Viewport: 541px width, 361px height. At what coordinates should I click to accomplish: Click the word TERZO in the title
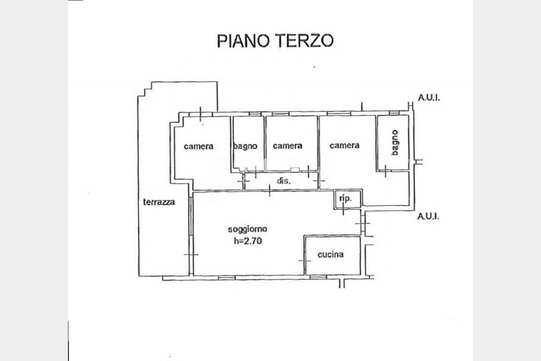[x=305, y=41]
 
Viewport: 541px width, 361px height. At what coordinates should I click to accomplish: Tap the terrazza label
[x=159, y=202]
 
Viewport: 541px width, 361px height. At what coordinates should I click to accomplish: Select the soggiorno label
[x=248, y=229]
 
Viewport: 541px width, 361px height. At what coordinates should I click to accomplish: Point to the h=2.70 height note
[x=248, y=241]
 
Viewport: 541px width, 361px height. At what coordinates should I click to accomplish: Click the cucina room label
[x=331, y=254]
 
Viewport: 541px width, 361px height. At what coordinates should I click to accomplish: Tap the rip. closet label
[x=345, y=198]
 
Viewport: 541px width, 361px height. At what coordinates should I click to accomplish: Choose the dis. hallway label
[x=284, y=181]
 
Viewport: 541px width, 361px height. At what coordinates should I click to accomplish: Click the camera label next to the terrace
[x=199, y=146]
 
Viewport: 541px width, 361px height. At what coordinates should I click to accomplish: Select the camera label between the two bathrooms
[x=344, y=145]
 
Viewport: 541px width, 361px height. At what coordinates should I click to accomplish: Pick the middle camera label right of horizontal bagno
[x=287, y=146]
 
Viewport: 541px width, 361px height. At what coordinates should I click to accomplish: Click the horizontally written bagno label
[x=245, y=146]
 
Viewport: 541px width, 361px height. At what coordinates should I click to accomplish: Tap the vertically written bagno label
[x=395, y=143]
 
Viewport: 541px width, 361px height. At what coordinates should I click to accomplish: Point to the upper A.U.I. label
[x=429, y=98]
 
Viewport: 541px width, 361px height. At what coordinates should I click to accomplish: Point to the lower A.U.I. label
[x=428, y=216]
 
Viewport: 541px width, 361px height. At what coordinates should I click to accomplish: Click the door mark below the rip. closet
[x=343, y=209]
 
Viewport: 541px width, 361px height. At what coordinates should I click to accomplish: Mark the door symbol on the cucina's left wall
[x=305, y=260]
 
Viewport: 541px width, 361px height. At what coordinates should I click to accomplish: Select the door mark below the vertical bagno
[x=385, y=171]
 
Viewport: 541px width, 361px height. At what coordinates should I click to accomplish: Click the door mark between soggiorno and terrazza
[x=191, y=254]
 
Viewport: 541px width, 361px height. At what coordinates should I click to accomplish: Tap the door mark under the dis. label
[x=270, y=190]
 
